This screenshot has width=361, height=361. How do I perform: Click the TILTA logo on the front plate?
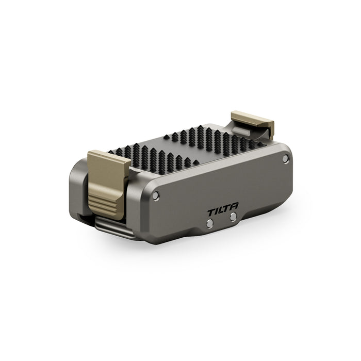click(223, 209)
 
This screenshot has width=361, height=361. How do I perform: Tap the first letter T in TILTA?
click(211, 212)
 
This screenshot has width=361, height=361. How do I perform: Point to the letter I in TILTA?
click(217, 211)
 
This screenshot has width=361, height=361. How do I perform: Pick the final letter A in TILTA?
click(234, 206)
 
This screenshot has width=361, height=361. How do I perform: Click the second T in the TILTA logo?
click(227, 208)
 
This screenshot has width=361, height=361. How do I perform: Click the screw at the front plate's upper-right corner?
click(286, 158)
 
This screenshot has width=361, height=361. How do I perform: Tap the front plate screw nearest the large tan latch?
click(156, 195)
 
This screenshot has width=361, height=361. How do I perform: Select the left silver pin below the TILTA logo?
click(210, 223)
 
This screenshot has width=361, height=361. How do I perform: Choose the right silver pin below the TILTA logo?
click(233, 217)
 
